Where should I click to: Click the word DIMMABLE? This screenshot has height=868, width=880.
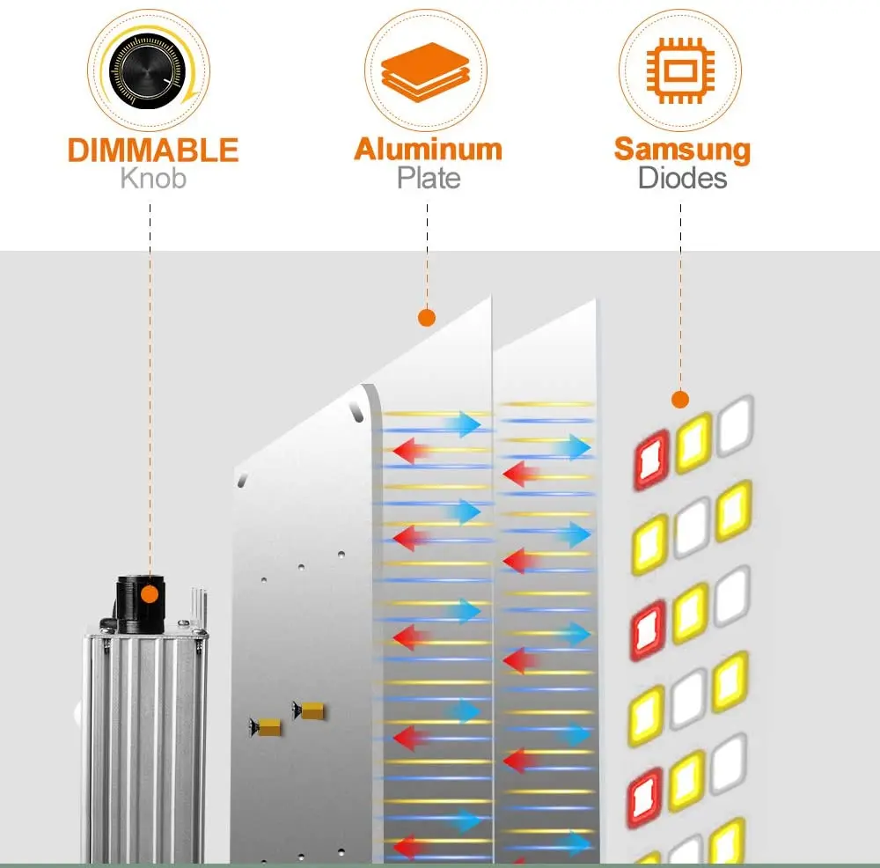tap(153, 150)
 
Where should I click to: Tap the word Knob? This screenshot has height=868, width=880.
tap(153, 178)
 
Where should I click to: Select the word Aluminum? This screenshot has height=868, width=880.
tap(428, 149)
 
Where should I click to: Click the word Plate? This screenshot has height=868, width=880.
tap(428, 178)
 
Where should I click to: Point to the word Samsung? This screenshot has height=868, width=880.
tap(682, 149)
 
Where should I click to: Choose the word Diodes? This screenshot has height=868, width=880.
tap(682, 178)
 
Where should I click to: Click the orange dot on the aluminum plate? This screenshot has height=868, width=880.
tap(427, 317)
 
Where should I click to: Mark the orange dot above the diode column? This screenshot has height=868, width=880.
tap(679, 400)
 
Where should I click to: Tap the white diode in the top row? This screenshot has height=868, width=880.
tap(735, 426)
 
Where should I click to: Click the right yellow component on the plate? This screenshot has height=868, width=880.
tap(312, 710)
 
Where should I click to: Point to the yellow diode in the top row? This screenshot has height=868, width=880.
tap(693, 442)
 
